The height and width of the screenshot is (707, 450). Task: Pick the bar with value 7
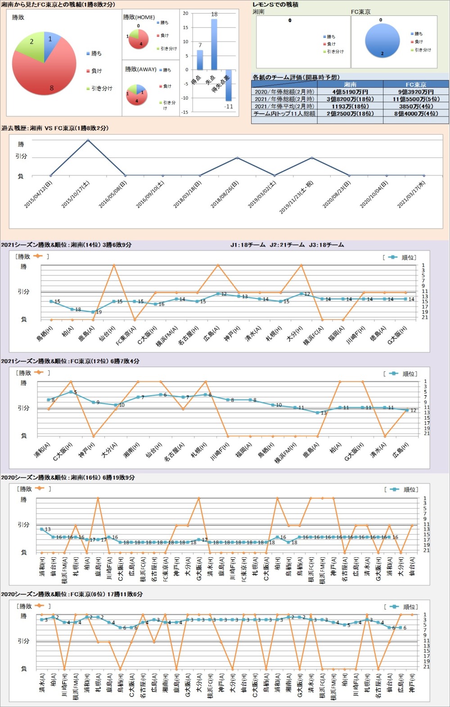click(200, 60)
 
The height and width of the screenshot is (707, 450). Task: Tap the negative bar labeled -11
click(229, 85)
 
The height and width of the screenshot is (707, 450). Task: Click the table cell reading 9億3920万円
click(416, 92)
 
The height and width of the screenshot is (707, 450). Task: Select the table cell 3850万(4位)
click(416, 106)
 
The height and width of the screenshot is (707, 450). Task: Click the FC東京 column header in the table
click(416, 85)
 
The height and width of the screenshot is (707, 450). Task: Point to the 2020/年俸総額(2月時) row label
click(284, 92)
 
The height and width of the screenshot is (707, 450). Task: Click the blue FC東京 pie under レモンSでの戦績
click(382, 40)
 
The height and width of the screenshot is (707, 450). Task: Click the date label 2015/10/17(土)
click(76, 194)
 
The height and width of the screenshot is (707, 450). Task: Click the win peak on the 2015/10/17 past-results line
click(88, 140)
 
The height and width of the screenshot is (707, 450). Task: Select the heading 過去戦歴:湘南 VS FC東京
click(55, 128)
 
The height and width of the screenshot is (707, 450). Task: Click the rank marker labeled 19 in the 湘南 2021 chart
click(93, 312)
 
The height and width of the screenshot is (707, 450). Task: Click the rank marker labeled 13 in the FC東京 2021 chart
click(318, 413)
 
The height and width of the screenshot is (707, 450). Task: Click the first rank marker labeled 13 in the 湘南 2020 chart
click(42, 529)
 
